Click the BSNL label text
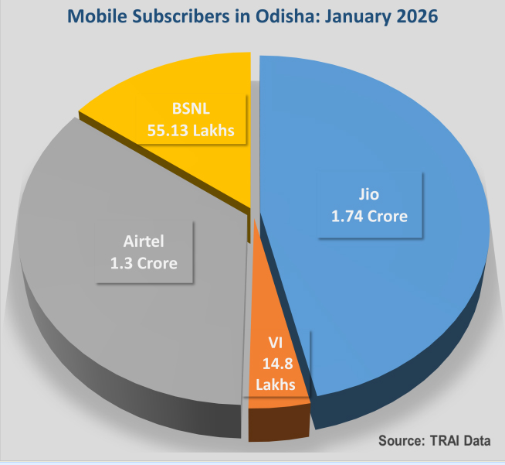[193, 108]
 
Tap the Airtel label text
[144, 241]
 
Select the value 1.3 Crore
[144, 262]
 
